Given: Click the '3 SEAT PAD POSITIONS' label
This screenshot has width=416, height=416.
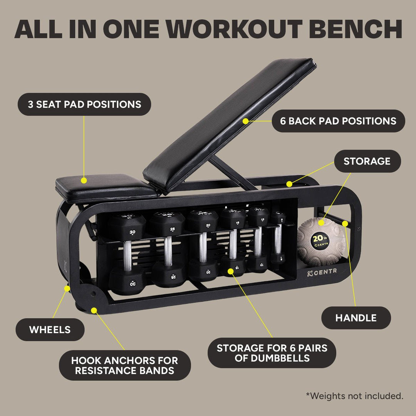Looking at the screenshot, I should pyautogui.click(x=84, y=104).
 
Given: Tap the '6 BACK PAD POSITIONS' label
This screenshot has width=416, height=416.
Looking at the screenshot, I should pyautogui.click(x=338, y=121).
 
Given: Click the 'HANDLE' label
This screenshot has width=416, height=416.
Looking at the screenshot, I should pyautogui.click(x=356, y=318).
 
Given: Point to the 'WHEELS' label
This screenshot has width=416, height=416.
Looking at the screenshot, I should pyautogui.click(x=50, y=330).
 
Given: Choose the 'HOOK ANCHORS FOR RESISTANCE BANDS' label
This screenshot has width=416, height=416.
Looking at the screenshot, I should pyautogui.click(x=125, y=366).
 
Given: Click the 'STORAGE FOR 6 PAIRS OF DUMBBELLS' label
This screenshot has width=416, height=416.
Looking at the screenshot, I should pyautogui.click(x=272, y=353).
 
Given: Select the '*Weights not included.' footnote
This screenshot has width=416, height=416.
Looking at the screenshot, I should pyautogui.click(x=354, y=396).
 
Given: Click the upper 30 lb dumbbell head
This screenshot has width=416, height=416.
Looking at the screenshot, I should pyautogui.click(x=127, y=227).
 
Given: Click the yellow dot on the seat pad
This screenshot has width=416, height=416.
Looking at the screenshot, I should pyautogui.click(x=84, y=180).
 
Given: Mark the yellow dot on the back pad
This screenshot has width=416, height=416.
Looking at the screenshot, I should pyautogui.click(x=245, y=121).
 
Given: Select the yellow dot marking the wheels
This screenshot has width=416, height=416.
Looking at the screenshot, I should pyautogui.click(x=67, y=287).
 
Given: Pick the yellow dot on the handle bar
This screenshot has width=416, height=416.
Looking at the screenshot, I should pyautogui.click(x=345, y=223).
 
